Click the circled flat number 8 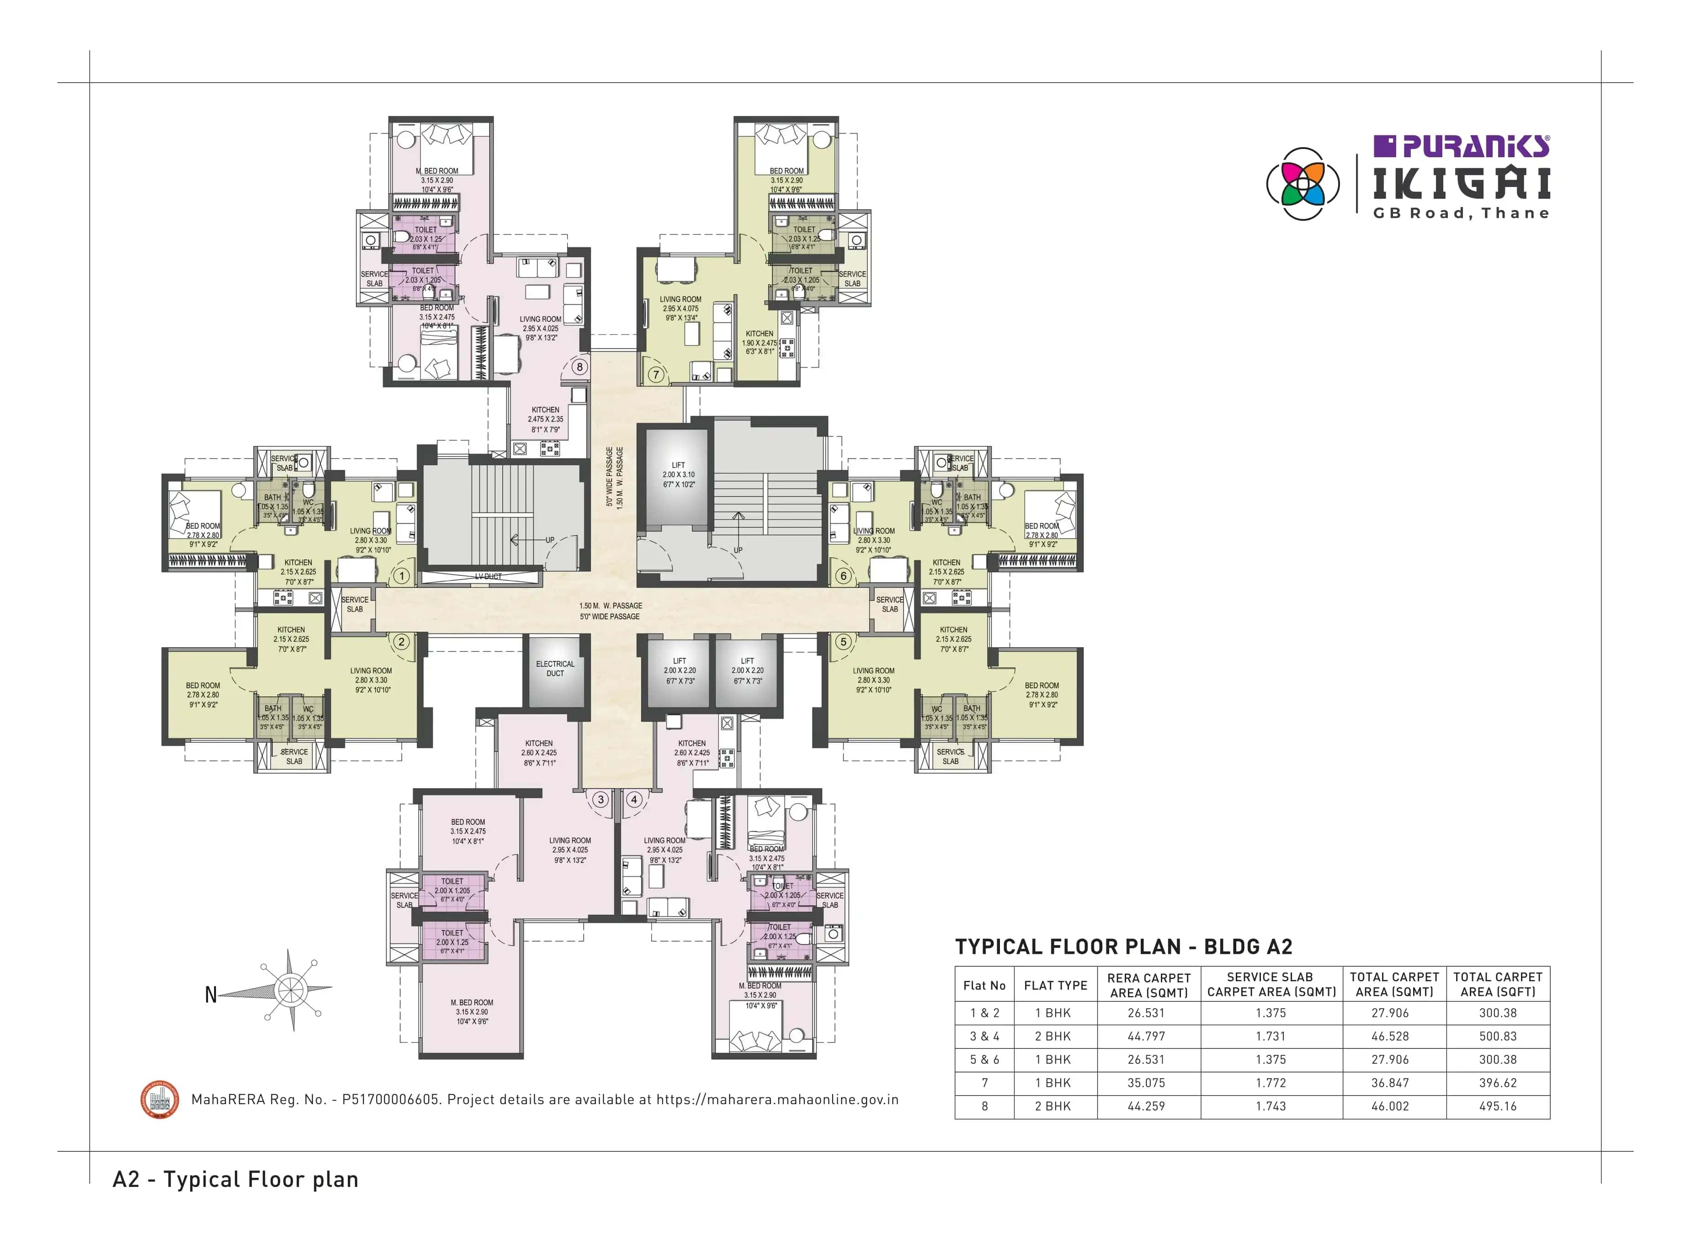pos(579,367)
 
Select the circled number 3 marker pos(601,799)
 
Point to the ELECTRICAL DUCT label pos(555,669)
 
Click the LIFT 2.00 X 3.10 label pos(678,474)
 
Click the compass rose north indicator pos(211,995)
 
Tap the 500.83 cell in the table pos(1498,1036)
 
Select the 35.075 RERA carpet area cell pos(1146,1082)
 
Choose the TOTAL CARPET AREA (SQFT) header pos(1498,984)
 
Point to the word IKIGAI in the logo pos(1462,184)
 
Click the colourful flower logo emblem pos(1303,184)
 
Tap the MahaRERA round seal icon pos(160,1100)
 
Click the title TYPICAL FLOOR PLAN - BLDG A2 pos(1123,947)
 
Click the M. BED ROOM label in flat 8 pos(437,171)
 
